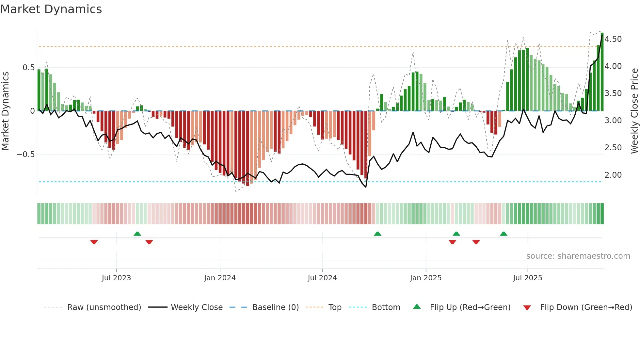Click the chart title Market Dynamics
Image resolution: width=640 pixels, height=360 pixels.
point(51,9)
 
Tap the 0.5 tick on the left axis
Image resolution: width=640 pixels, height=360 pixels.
point(28,68)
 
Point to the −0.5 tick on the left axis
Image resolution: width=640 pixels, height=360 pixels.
point(26,154)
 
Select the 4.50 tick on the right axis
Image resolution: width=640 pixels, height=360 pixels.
point(613,39)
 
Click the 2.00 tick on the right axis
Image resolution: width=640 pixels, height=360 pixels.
point(613,175)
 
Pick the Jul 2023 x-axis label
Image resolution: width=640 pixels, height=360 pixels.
point(116,278)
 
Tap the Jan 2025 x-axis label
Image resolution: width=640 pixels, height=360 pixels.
point(425,278)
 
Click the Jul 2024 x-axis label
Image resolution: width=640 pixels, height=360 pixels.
point(322,278)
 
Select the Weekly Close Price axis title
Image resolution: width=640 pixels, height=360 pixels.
point(634,111)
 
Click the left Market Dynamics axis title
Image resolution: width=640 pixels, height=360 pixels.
point(5,111)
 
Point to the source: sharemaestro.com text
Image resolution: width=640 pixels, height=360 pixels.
point(578,256)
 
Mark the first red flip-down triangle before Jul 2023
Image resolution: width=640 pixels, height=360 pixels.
point(94,242)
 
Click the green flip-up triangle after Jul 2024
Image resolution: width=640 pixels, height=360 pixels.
point(377,234)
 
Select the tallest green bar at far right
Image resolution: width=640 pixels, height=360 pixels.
point(602,72)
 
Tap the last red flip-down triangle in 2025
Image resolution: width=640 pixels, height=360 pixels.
point(476,242)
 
